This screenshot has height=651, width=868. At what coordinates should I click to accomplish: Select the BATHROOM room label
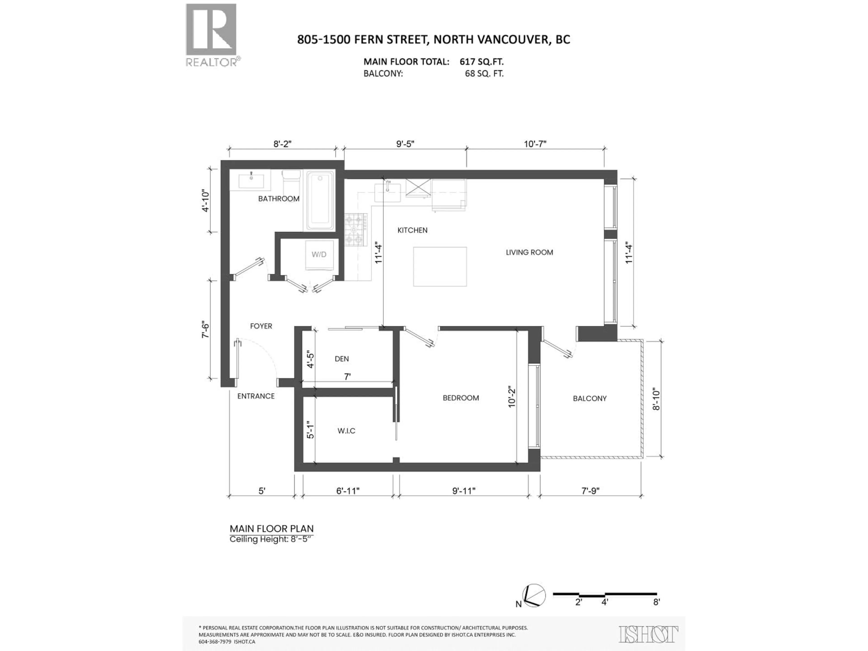pyautogui.click(x=279, y=198)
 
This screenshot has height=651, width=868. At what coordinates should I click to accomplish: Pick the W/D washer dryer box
pyautogui.click(x=319, y=255)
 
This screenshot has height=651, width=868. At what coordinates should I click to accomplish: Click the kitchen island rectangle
pyautogui.click(x=440, y=267)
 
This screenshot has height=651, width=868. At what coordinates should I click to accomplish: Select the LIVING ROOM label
pyautogui.click(x=529, y=252)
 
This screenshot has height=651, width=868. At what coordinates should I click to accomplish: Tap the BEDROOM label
pyautogui.click(x=461, y=398)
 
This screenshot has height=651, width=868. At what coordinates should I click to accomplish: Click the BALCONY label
pyautogui.click(x=589, y=398)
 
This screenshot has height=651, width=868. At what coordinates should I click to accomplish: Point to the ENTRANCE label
pyautogui.click(x=256, y=396)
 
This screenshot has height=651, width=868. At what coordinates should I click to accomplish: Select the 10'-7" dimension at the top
pyautogui.click(x=535, y=144)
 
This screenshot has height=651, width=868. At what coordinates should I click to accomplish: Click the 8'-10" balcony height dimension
pyautogui.click(x=656, y=399)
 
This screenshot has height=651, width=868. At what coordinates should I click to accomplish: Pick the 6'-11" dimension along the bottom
pyautogui.click(x=348, y=491)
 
